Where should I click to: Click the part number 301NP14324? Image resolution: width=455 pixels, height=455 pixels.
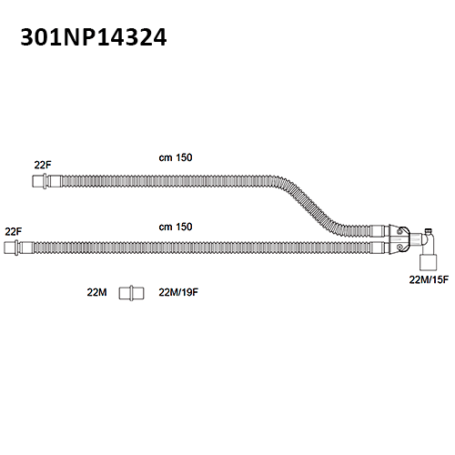point(94,37)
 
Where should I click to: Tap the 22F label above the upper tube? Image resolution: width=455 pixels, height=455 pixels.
point(43,166)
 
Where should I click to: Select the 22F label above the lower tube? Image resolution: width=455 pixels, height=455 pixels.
point(14,232)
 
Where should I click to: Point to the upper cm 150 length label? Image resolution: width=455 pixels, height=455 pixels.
point(176,157)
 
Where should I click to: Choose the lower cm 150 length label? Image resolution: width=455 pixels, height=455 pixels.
point(176,227)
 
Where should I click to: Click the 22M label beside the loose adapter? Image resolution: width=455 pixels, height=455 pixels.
point(96,292)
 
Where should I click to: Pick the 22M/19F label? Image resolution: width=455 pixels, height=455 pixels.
point(178,292)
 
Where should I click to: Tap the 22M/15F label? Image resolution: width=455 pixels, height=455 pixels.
point(429,279)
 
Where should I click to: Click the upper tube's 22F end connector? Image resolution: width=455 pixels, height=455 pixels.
point(47,181)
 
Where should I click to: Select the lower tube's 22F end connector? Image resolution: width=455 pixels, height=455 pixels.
point(18,248)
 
